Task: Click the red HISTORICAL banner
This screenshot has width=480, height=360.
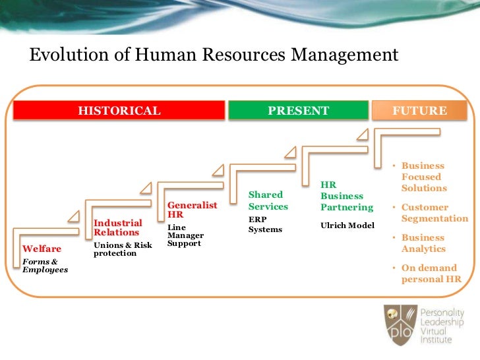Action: point(119,111)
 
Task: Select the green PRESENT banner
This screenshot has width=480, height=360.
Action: point(298,111)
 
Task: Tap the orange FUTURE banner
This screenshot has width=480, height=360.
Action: point(419,111)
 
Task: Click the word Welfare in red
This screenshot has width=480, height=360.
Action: point(42,249)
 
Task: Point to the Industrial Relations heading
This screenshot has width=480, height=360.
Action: point(117,227)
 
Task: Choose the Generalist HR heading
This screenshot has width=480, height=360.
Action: point(192,210)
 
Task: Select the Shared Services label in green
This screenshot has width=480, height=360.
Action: point(268,200)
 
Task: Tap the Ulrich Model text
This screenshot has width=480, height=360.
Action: point(347,225)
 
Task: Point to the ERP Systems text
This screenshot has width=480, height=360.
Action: point(265,224)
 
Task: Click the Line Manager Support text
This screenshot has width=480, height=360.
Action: point(185,235)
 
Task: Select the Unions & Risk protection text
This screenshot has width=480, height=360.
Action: point(123,249)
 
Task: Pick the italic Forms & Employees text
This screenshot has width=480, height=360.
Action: point(45,265)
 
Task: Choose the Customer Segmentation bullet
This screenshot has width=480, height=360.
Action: point(434,213)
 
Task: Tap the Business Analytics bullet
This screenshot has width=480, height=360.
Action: point(423,243)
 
